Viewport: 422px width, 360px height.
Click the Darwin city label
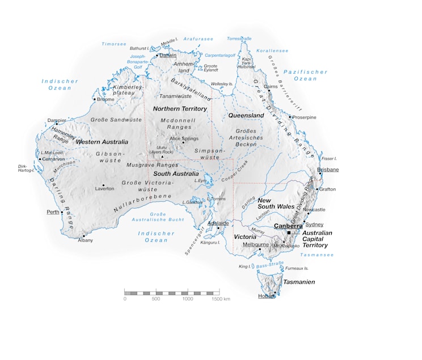(x=168, y=55)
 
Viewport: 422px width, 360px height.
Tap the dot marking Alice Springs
(x=183, y=142)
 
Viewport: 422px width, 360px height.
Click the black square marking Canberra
(x=289, y=233)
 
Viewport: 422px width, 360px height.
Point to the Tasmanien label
(x=299, y=282)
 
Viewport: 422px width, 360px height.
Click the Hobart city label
(x=266, y=295)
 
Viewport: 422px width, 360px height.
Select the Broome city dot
(x=95, y=99)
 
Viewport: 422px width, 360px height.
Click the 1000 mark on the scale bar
(x=188, y=299)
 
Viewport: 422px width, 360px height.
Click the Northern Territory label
(x=180, y=108)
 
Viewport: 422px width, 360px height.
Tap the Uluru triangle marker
(x=162, y=157)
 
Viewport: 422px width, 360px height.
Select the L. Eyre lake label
(x=200, y=180)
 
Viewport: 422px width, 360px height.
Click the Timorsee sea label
(x=113, y=44)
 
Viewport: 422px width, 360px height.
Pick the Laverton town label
(x=104, y=188)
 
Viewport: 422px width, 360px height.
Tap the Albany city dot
(x=84, y=235)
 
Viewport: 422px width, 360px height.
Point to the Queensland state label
(x=246, y=115)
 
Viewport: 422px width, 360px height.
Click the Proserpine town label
(x=304, y=117)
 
